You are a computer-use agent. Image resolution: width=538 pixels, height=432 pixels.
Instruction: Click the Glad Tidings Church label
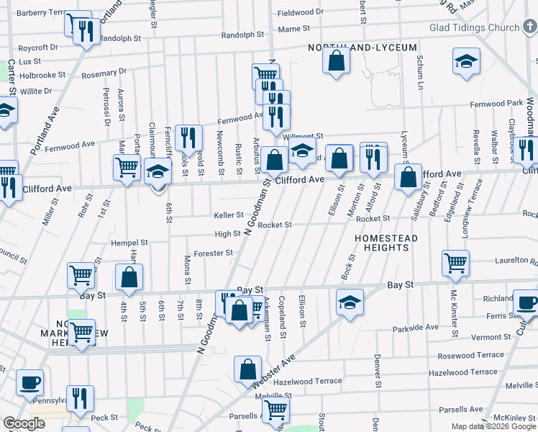(x=473, y=28)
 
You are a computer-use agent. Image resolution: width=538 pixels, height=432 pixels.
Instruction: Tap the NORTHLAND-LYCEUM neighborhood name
(x=363, y=48)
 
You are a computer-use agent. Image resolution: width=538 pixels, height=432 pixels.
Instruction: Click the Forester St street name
(x=213, y=253)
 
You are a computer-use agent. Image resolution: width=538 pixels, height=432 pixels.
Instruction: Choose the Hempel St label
(x=129, y=243)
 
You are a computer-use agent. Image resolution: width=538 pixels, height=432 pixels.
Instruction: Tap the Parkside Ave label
(x=416, y=328)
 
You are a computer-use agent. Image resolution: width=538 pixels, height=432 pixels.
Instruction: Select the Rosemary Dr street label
(x=104, y=71)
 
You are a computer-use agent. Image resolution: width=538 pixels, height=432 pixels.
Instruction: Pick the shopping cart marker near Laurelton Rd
(x=456, y=263)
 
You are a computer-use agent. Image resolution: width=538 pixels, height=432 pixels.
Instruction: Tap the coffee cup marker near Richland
(x=526, y=303)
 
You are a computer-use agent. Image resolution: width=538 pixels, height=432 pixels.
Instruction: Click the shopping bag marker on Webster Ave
(x=247, y=369)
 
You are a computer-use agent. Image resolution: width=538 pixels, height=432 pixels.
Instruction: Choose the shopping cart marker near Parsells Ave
(x=276, y=410)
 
